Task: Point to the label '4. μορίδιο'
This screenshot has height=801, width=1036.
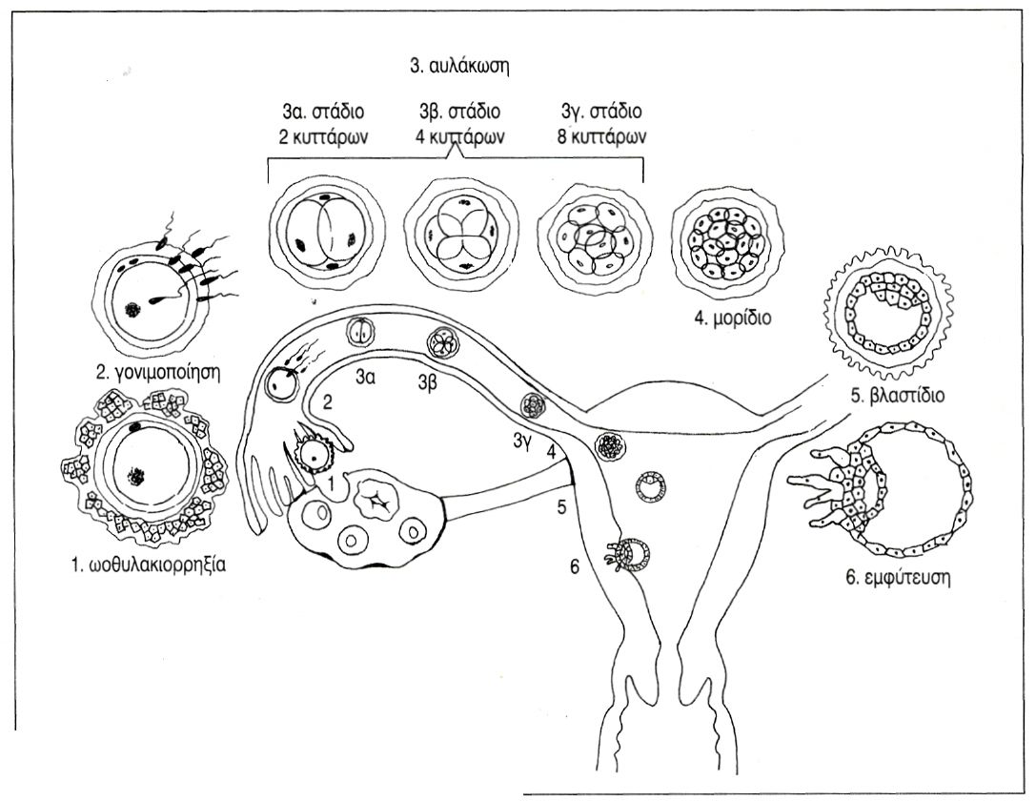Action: (731, 317)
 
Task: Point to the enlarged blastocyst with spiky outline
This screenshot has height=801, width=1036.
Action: (887, 315)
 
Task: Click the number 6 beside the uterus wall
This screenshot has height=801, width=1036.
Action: (574, 566)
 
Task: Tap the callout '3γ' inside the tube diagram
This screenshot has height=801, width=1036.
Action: (521, 442)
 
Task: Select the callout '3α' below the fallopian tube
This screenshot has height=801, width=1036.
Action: (363, 378)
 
